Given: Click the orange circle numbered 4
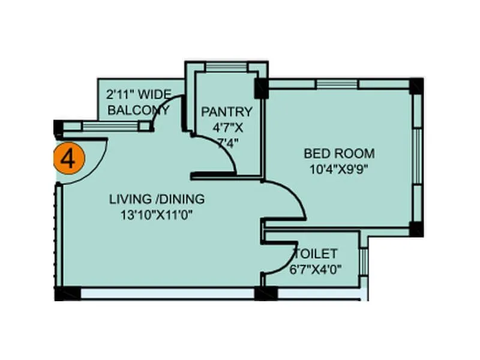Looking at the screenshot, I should [x=69, y=159].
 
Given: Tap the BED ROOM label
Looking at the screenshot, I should [x=339, y=153].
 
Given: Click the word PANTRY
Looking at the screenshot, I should [x=226, y=112].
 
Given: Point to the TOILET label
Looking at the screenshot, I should [x=315, y=254].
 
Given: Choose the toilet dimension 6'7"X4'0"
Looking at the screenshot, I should [x=316, y=269].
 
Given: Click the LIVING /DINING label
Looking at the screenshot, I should [x=157, y=199].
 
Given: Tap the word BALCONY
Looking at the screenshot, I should [x=137, y=110].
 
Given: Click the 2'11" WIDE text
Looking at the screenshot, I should [x=139, y=94].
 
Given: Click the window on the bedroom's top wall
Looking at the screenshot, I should [x=337, y=84].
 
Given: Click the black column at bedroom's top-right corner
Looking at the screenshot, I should [x=416, y=86].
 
